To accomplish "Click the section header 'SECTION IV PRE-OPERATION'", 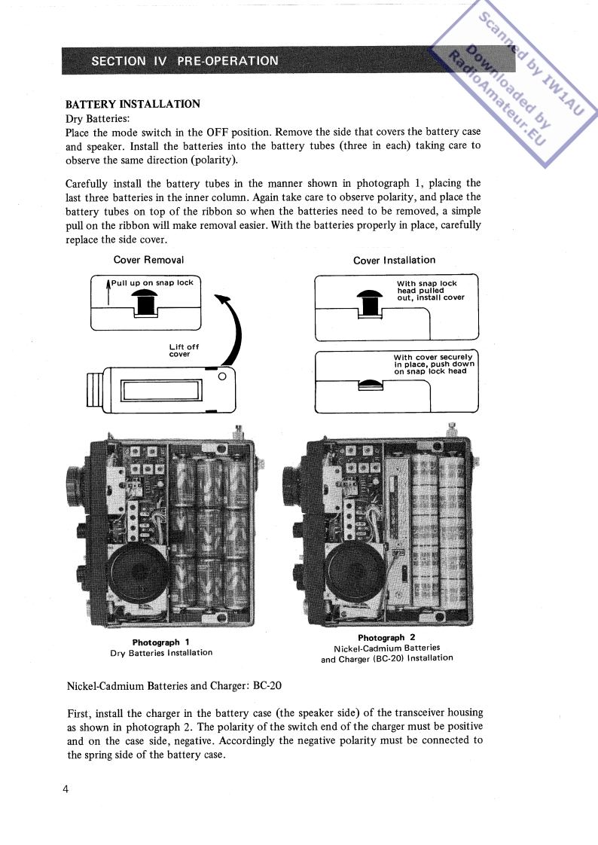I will (185, 61).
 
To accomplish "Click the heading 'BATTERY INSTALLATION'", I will (133, 104).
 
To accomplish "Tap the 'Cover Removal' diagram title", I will (148, 260).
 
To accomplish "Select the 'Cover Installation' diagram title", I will (394, 260).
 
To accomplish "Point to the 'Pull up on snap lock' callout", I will (153, 283).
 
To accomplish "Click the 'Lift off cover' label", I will (184, 350).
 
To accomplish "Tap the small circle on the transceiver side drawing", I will (221, 376).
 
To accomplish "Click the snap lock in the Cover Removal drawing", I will (145, 302).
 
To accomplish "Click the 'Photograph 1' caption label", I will (160, 642).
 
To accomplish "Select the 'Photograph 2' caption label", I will (386, 637).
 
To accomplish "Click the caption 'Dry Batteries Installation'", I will (161, 653).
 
